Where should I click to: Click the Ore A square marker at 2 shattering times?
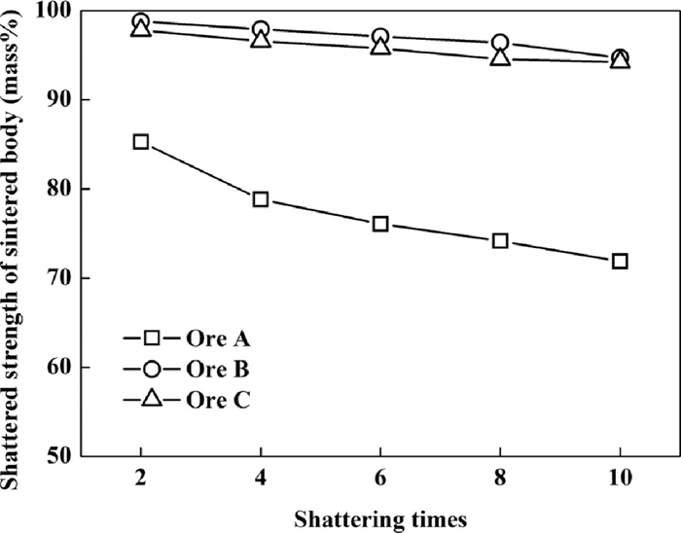[x=141, y=142]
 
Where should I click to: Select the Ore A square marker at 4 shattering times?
[x=261, y=199]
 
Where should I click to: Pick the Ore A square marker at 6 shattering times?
[x=380, y=224]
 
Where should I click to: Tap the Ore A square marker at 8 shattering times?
[x=500, y=240]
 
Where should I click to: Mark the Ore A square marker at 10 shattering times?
[x=620, y=262]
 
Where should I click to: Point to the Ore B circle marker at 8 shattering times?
[x=500, y=43]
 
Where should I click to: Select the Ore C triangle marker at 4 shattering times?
[x=261, y=39]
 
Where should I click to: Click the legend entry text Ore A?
[x=218, y=339]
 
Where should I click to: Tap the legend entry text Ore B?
[x=218, y=370]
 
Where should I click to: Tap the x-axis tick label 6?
[x=380, y=479]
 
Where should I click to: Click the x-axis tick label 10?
[x=620, y=479]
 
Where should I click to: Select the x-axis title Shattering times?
[x=380, y=518]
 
